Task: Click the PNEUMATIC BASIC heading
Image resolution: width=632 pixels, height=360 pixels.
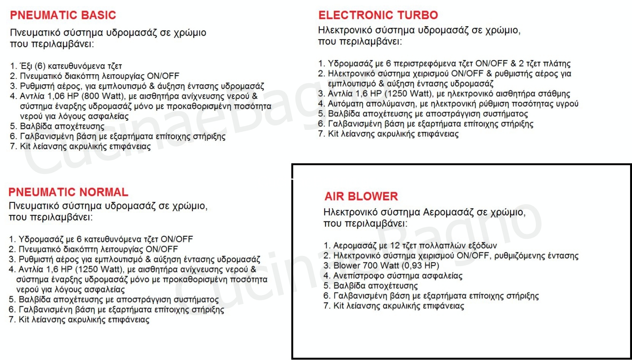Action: (63, 15)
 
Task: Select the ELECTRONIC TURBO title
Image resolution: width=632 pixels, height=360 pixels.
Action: (378, 15)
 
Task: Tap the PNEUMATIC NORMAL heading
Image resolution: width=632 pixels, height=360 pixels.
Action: (68, 192)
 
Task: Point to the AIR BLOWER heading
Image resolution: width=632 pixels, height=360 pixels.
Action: (361, 196)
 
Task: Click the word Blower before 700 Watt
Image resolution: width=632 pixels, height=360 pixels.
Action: (346, 265)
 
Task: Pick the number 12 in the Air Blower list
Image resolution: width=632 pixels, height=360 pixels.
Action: (395, 245)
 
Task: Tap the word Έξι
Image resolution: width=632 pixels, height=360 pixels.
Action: (26, 66)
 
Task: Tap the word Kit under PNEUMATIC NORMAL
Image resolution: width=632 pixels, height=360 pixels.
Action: (24, 320)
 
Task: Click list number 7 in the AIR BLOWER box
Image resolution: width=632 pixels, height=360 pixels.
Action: (326, 306)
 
